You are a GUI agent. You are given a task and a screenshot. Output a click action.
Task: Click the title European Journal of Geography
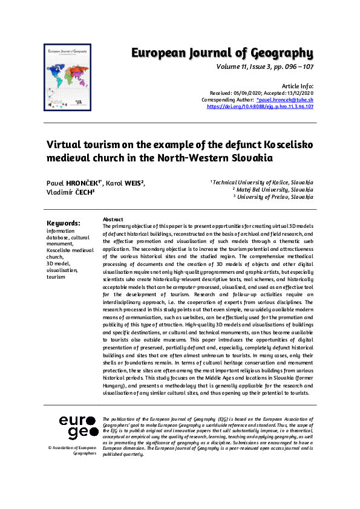pyautogui.click(x=222, y=53)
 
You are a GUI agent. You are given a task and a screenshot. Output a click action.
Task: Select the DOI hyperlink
pyautogui.click(x=260, y=106)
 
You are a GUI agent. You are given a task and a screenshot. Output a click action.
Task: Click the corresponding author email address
pyautogui.click(x=285, y=100)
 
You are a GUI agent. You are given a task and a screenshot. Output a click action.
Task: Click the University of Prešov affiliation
pyautogui.click(x=273, y=197)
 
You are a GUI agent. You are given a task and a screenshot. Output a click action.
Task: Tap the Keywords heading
pyautogui.click(x=63, y=222)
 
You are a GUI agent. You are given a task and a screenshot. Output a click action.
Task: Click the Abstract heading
pyautogui.click(x=113, y=219)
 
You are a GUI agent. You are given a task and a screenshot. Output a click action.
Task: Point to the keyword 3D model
pyautogui.click(x=59, y=264)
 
